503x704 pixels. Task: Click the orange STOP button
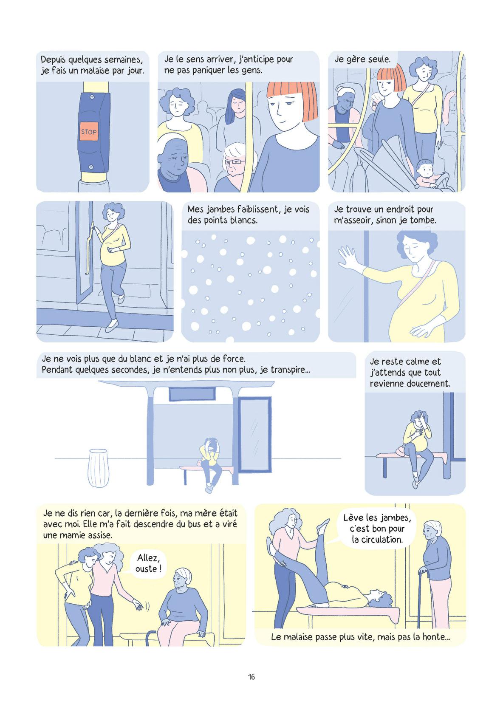click(x=89, y=131)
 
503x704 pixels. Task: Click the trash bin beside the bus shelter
click(x=98, y=468)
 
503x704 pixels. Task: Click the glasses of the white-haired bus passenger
click(x=234, y=162)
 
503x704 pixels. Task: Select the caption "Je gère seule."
click(x=362, y=59)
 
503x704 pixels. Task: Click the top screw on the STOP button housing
click(x=92, y=97)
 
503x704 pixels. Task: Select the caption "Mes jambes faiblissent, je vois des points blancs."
click(x=249, y=215)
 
